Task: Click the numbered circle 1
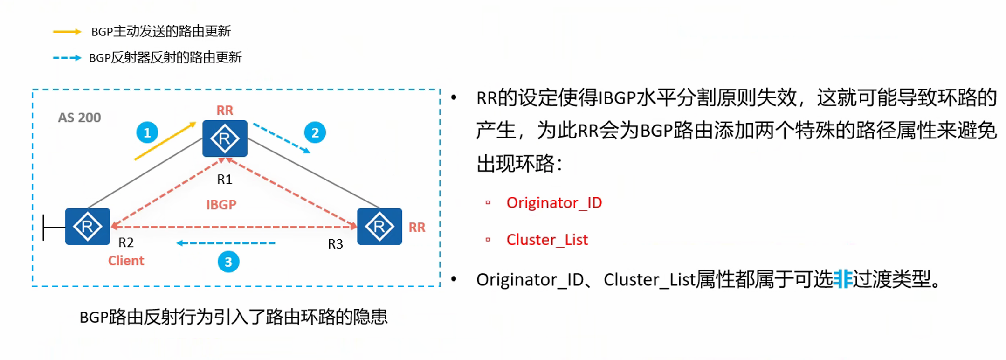(x=147, y=133)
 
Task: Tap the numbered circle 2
(x=315, y=133)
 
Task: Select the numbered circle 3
(x=228, y=262)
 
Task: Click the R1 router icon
(x=225, y=138)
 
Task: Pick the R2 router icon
(x=88, y=227)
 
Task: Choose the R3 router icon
(x=379, y=227)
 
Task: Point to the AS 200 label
(x=79, y=118)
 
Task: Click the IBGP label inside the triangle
(x=221, y=204)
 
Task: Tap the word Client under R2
(x=126, y=261)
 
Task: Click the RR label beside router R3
(x=417, y=227)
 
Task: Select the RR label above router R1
(x=225, y=111)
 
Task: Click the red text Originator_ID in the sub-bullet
(x=554, y=203)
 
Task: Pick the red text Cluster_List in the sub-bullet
(x=547, y=240)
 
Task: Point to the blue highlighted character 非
(x=842, y=279)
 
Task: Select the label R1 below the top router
(x=225, y=180)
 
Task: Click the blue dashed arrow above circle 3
(x=226, y=243)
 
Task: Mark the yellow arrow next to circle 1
(x=165, y=141)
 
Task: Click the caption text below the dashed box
(x=233, y=317)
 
